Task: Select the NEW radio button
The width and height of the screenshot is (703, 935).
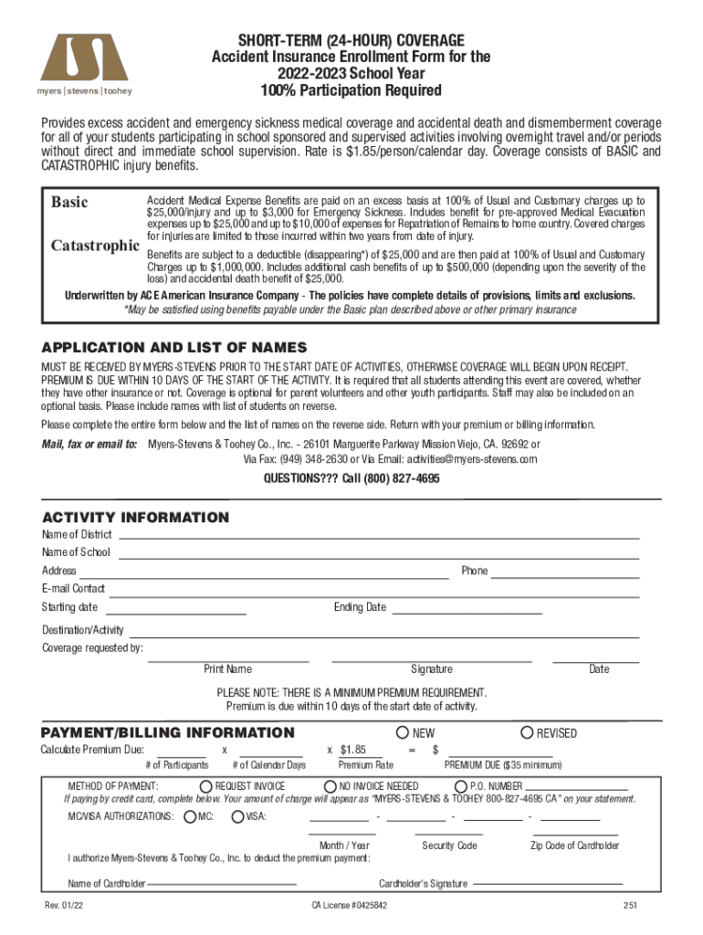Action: (x=403, y=732)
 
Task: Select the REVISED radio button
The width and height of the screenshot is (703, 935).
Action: (x=527, y=732)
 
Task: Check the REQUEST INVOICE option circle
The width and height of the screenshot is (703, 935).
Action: (x=206, y=786)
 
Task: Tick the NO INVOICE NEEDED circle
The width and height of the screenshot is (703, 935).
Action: (x=331, y=786)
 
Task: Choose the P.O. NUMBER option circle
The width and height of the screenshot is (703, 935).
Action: (x=461, y=786)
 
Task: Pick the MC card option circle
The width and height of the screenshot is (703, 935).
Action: (x=189, y=816)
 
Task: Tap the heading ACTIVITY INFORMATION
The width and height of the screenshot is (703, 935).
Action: (x=136, y=518)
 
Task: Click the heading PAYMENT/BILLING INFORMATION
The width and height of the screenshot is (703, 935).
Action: (x=168, y=732)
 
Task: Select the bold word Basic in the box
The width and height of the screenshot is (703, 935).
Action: (x=69, y=202)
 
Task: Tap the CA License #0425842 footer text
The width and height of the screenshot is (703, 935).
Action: (x=349, y=906)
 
